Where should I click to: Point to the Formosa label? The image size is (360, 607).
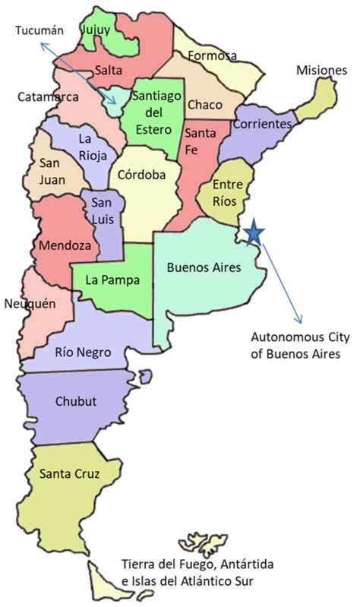point(212,55)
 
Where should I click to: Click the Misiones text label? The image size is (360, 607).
point(321,71)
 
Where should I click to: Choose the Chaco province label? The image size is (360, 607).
point(204,104)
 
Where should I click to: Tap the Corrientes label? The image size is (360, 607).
point(264,123)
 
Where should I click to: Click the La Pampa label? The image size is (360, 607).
point(112,280)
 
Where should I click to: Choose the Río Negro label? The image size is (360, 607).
point(84,353)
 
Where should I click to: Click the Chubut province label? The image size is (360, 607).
point(76,401)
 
